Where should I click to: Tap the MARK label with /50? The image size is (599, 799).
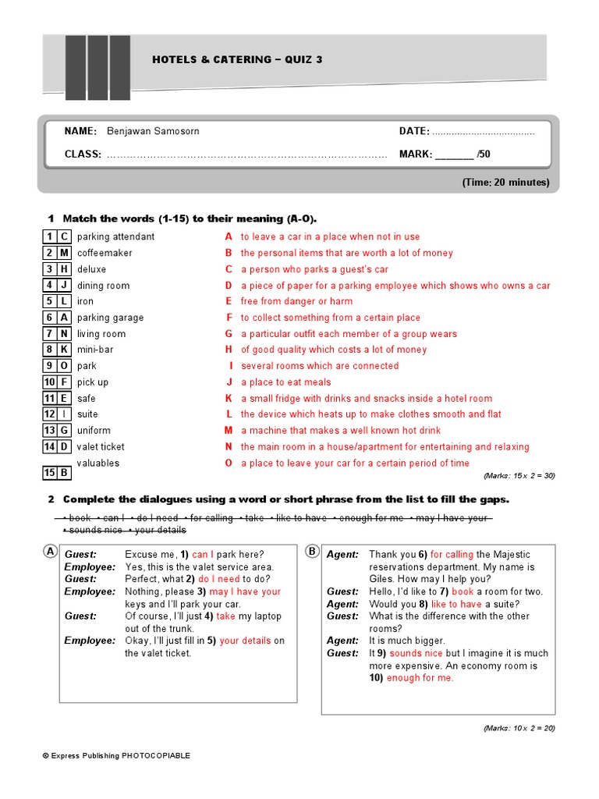pos(445,154)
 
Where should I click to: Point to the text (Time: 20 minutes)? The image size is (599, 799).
pos(505,183)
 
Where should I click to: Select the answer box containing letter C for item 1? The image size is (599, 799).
pos(64,236)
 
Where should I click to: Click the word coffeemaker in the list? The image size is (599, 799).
pos(105,253)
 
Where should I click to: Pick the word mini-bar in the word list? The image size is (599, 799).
pos(95,350)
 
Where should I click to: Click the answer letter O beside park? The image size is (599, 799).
pos(64,366)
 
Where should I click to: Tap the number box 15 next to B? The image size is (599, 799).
pos(49,473)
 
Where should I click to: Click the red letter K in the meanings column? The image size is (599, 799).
pos(229,398)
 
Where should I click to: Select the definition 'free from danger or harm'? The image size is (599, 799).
pos(296,301)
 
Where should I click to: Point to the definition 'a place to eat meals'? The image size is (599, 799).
pos(285,382)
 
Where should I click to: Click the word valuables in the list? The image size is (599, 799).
pos(98,463)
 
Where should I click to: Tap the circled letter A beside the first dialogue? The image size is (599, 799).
pos(50,552)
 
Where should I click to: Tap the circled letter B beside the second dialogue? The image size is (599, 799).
pos(312,552)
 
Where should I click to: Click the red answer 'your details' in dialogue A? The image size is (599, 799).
pos(246,641)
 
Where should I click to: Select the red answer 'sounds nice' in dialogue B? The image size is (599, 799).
pos(416,653)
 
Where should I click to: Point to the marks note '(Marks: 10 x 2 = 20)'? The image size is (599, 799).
pos(519,728)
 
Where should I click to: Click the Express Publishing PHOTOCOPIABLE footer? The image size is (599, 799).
pos(116,755)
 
